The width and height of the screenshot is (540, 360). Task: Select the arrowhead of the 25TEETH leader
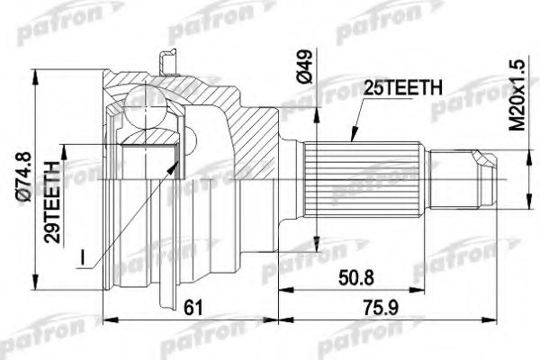(x=350, y=145)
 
